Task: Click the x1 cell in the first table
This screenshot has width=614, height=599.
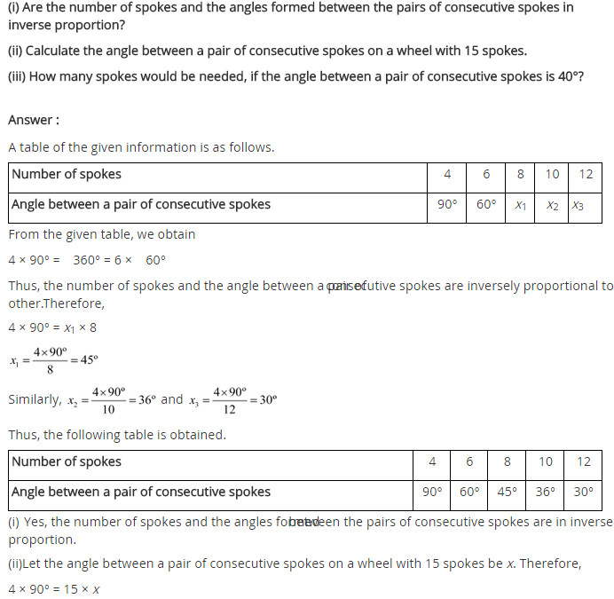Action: click(521, 205)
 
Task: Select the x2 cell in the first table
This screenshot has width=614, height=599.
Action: click(552, 205)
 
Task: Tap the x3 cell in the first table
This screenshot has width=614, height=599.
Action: click(578, 205)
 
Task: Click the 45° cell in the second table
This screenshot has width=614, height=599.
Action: click(507, 492)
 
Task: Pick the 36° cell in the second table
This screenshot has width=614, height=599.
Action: click(546, 492)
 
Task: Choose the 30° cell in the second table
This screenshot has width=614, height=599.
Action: click(583, 492)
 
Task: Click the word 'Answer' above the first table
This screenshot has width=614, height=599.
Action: click(31, 120)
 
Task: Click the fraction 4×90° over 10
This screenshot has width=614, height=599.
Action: click(108, 400)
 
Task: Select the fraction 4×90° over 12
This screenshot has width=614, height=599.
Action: click(230, 400)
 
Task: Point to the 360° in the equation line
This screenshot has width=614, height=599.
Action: click(91, 261)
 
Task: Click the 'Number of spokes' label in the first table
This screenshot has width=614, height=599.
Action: click(67, 174)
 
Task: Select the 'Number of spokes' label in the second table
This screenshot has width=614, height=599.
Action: click(67, 461)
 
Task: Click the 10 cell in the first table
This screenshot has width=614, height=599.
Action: click(552, 174)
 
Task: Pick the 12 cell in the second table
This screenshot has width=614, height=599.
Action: click(583, 461)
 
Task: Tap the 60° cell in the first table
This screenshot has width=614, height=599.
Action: click(485, 205)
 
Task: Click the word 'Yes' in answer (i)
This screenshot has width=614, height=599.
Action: click(35, 523)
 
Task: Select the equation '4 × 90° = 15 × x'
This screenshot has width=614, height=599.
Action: click(54, 589)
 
